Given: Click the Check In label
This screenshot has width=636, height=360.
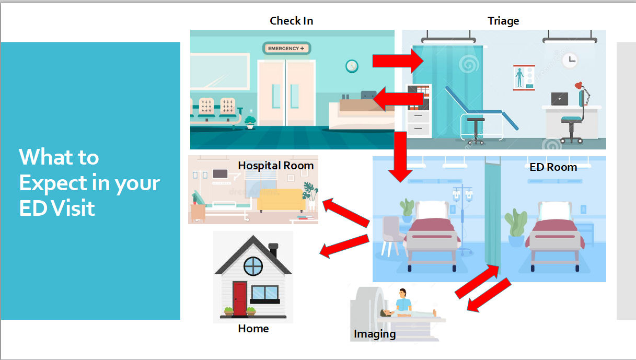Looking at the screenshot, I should coord(291,21).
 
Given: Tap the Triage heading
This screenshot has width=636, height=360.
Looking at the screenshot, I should coord(503,21).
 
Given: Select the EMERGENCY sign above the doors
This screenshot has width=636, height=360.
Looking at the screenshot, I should coord(286,49).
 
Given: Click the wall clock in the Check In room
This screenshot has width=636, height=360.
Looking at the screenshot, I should coord(352,66).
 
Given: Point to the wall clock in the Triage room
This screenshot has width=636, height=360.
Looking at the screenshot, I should coord(570,60).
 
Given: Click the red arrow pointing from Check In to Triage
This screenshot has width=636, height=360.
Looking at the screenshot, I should coord(398,61).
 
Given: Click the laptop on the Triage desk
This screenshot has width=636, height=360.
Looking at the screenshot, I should coord(559,99).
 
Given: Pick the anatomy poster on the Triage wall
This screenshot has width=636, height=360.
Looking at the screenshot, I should coord(519,77).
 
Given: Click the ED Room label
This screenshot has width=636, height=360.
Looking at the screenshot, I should coord(553,167).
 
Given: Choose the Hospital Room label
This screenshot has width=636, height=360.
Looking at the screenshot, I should coord(275,166).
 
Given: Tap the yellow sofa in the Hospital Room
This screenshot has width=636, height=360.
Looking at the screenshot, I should coord(281,200).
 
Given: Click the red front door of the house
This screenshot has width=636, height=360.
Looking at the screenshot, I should coord(240,298).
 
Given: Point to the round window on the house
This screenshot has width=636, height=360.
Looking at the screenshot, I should coord(253,266).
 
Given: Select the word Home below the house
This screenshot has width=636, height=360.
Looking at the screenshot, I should coord(253,329).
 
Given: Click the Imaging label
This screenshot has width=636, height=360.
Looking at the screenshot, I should coord(374,334).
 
